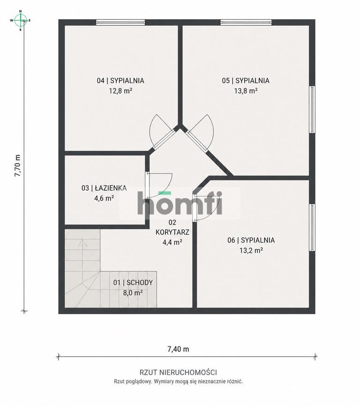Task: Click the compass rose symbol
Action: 21,21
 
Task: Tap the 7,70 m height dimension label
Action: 17,165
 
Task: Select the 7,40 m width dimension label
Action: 178,349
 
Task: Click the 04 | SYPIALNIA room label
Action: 120,81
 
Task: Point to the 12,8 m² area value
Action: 120,91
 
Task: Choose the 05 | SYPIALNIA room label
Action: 246,81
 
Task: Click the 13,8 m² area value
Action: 246,91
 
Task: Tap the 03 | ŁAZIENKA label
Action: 104,188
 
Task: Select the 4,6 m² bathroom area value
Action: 104,198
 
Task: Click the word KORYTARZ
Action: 172,232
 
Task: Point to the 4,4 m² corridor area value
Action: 172,242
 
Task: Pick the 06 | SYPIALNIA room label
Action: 251,241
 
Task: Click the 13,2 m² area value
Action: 251,250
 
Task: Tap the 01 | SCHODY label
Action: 133,283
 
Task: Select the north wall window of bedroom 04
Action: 120,23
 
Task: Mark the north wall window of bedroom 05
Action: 246,23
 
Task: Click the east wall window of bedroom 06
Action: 312,227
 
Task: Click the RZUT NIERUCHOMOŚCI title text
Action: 178,373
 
